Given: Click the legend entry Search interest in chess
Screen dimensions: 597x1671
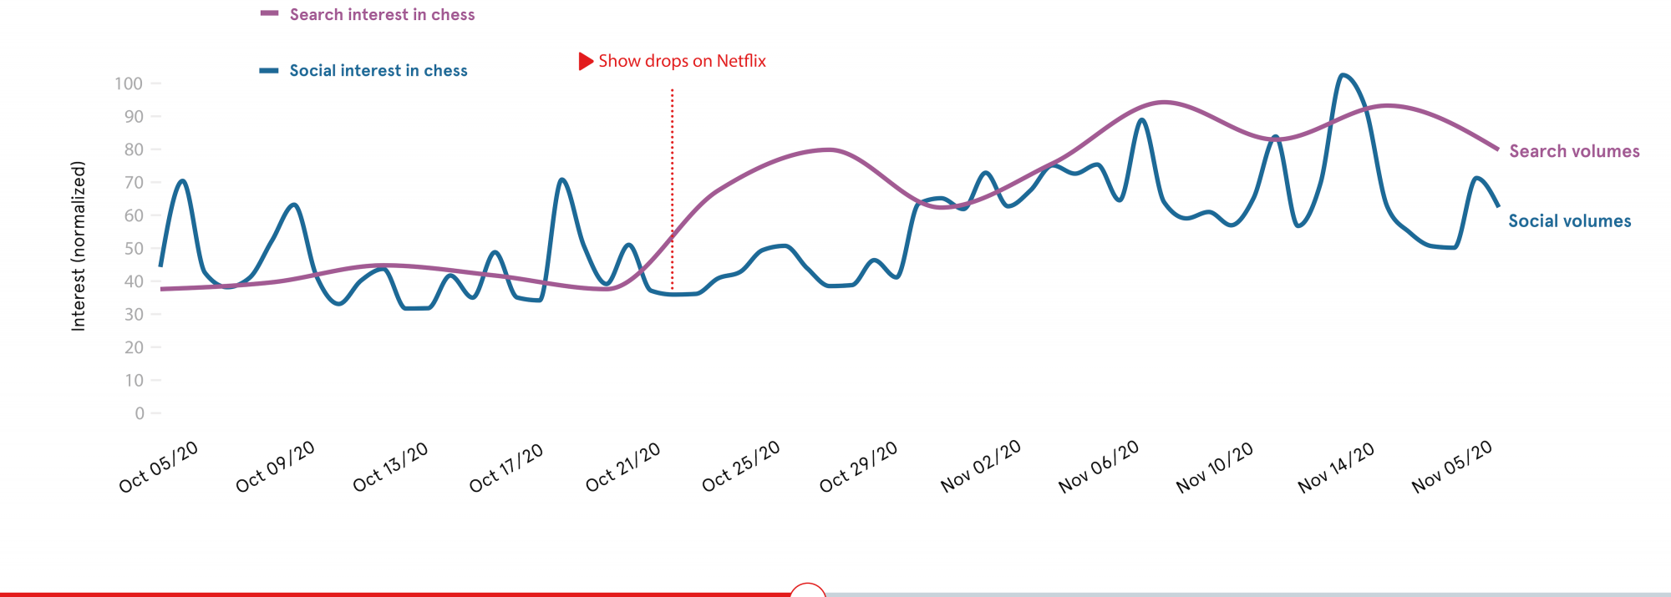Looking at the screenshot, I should click(382, 15).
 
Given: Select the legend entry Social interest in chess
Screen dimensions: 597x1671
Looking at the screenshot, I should click(378, 71).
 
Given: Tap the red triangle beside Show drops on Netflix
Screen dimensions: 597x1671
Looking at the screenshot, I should click(586, 61).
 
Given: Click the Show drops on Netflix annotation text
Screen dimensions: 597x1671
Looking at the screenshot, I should click(682, 61).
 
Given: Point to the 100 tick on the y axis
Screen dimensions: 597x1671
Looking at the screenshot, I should click(129, 83).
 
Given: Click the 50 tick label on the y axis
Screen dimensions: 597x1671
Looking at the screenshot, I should click(134, 249).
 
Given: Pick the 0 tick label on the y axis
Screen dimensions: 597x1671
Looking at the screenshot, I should click(140, 413).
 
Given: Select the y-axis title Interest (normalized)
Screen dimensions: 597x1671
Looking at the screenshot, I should click(79, 246).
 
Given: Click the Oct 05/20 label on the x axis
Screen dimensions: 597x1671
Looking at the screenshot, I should click(159, 467).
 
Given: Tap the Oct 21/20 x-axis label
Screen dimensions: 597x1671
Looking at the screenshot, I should click(623, 467).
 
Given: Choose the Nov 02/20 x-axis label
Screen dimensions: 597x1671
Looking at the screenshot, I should click(981, 467).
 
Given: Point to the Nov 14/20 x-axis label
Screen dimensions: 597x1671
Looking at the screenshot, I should click(1336, 467).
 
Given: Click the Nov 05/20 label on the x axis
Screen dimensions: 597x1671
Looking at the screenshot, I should click(1452, 467).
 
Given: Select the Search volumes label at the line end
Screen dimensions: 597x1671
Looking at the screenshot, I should click(1574, 151).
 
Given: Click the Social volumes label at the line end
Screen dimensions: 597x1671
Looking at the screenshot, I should click(1569, 221).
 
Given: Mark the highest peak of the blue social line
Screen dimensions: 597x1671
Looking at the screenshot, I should click(1343, 75).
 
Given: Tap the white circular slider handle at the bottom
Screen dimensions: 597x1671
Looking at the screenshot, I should click(808, 590).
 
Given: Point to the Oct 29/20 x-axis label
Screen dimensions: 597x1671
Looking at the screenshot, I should click(859, 467).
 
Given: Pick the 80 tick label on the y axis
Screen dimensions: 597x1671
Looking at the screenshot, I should click(134, 149).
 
